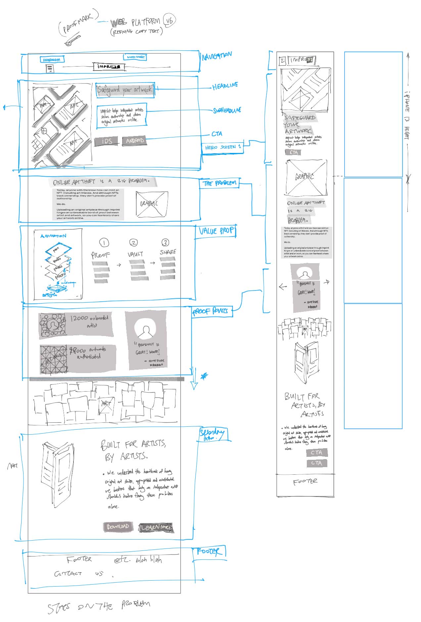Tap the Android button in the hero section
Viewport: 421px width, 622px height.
134,141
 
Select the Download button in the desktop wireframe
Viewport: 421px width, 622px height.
118,527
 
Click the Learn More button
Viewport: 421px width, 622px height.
156,527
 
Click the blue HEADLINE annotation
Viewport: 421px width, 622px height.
225,86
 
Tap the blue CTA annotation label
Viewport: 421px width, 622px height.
217,134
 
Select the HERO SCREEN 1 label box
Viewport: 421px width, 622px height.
222,147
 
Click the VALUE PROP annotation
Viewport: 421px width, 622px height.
217,231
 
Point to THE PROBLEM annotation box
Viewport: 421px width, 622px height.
219,183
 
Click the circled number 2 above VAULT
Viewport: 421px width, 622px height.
133,243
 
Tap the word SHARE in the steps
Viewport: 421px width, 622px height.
168,252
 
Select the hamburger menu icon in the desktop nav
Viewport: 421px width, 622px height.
50,69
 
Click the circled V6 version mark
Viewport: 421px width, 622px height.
170,21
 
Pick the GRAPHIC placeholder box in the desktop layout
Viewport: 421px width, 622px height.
152,204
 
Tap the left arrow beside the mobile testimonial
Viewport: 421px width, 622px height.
283,287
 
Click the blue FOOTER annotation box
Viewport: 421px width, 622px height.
209,551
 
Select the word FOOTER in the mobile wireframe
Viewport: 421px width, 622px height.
305,482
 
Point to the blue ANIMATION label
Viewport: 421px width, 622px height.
53,236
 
